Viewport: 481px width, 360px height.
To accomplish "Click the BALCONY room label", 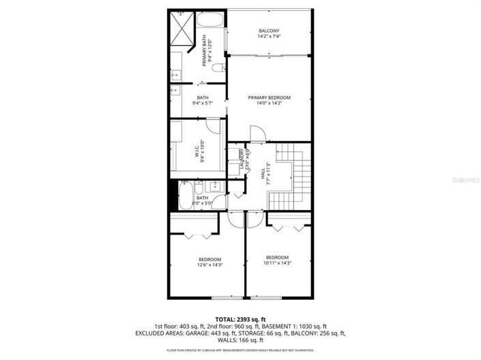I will tap(269, 31).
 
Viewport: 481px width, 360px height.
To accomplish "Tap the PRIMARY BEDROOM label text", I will tap(269, 97).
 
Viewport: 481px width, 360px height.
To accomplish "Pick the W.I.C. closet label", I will tap(203, 144).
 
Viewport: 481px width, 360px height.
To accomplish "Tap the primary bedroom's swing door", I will tap(257, 134).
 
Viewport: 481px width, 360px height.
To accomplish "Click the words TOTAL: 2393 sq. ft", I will tap(240, 318).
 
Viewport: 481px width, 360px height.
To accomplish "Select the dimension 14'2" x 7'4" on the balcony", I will tap(269, 37).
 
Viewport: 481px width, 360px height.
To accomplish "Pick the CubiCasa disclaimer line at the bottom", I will tap(240, 350).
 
